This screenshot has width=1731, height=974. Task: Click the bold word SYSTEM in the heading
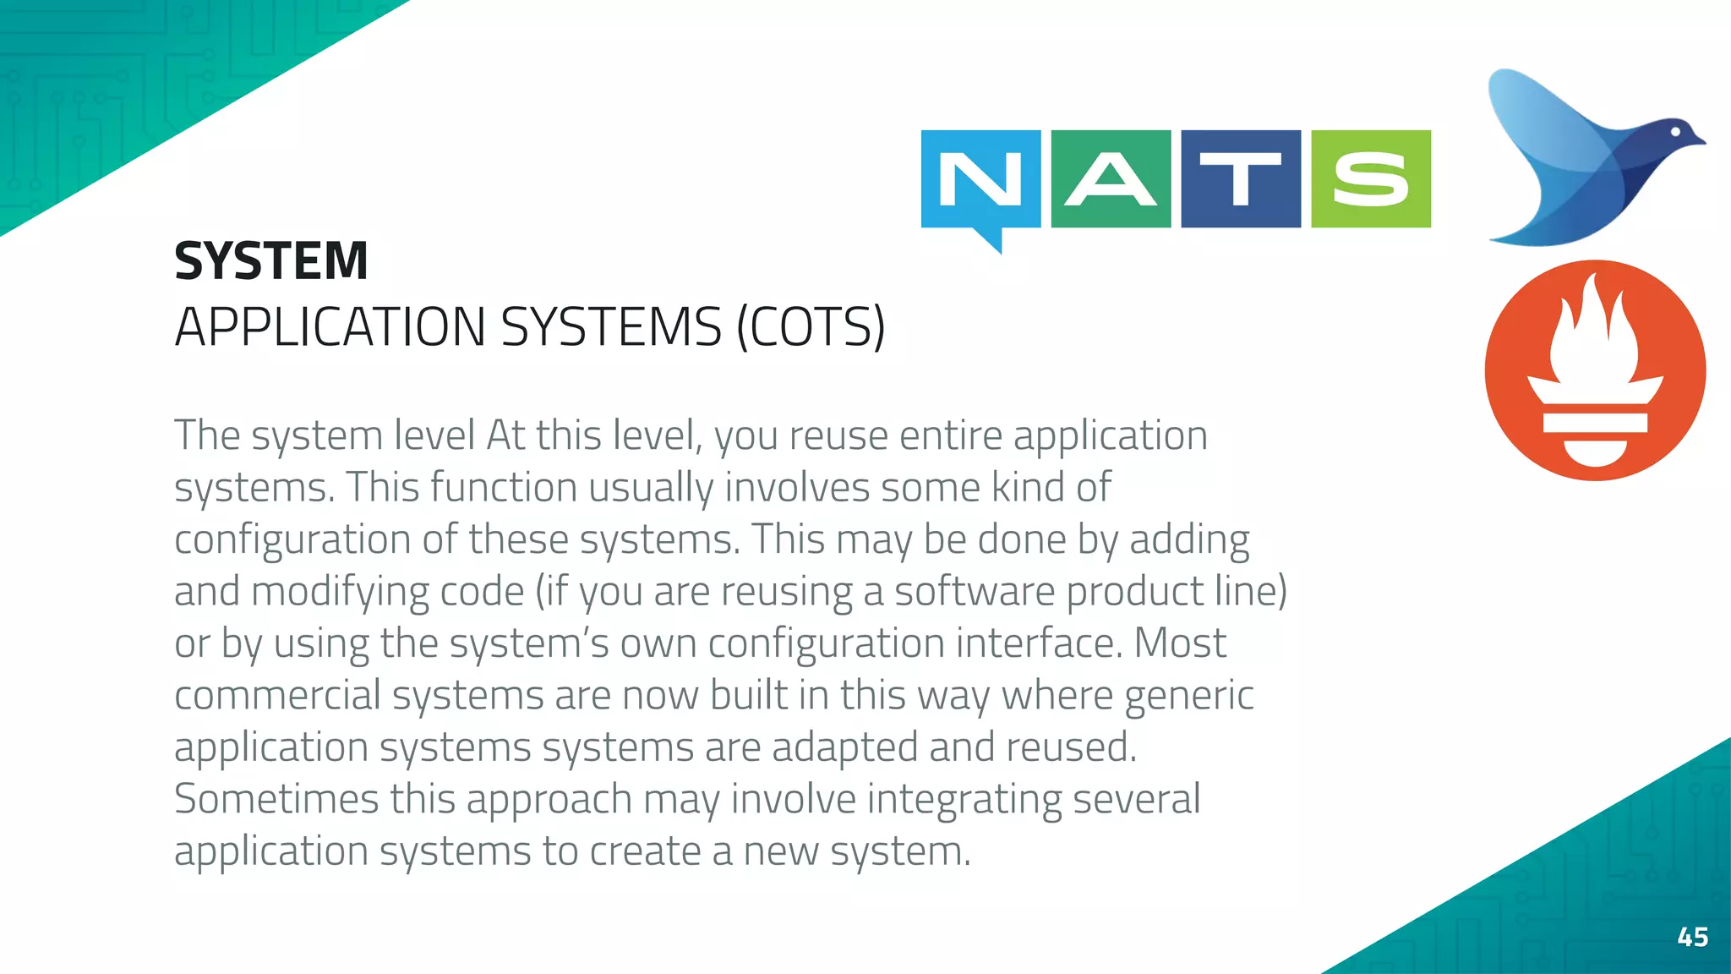[271, 260]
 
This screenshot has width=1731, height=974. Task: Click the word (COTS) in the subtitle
[811, 327]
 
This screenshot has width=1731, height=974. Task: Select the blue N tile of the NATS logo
[980, 178]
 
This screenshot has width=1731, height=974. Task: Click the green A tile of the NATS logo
[1111, 178]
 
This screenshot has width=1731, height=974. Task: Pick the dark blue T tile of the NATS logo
[1241, 178]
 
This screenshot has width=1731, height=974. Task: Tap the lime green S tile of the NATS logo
[1371, 178]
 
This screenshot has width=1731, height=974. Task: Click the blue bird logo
[1589, 161]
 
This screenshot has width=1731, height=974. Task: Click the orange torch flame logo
[1595, 370]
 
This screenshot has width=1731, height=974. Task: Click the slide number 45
[1692, 937]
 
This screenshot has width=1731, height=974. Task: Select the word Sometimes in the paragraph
[276, 799]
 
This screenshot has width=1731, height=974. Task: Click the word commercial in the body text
[277, 696]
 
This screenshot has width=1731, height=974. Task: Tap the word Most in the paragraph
[1179, 643]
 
